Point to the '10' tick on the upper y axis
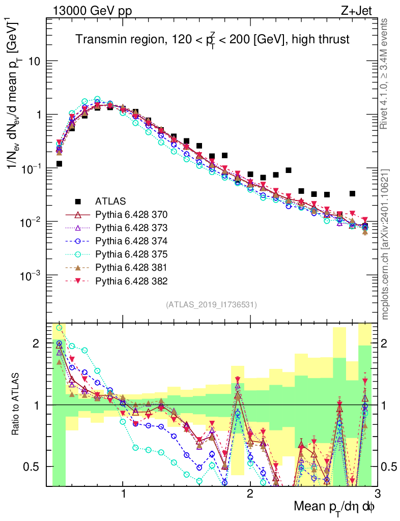click(x=34, y=61)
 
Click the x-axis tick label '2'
click(x=250, y=494)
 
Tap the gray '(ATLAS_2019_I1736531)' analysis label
click(x=211, y=305)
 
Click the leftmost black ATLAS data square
click(x=60, y=164)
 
